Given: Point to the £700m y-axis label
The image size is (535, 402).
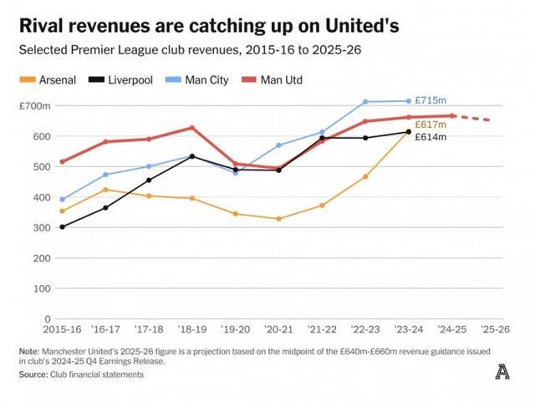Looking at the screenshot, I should click(x=34, y=106).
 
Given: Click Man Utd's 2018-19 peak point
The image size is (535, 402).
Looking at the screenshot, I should click(x=192, y=128).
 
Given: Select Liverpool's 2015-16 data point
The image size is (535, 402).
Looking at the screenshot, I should click(x=62, y=226).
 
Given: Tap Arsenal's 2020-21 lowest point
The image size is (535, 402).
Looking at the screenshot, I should click(x=279, y=219).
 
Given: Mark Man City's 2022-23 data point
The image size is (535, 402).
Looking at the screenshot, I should click(x=365, y=102).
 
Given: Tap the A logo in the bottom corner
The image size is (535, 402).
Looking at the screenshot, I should click(x=501, y=372).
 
